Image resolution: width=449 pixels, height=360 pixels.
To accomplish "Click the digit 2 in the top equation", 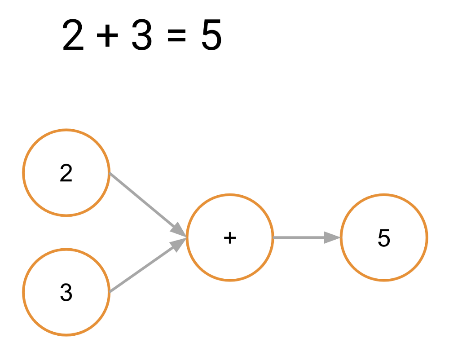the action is pos(73,35).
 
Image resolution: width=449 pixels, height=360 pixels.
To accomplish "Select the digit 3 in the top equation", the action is pos(141,35).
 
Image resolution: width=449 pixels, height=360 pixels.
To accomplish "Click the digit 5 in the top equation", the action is pos(211,35).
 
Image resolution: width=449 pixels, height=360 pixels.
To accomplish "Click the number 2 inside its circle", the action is pos(66,173).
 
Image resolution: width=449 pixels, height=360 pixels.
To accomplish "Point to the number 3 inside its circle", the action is pos(66,292).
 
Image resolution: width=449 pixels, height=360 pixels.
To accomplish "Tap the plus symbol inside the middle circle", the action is pos(230,238).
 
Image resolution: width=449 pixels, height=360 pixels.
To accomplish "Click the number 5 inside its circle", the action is pos(384,238).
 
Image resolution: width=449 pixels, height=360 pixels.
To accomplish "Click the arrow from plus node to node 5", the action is pos(307,237).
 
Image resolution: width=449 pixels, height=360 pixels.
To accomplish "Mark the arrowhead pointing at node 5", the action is pos(332,237).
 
